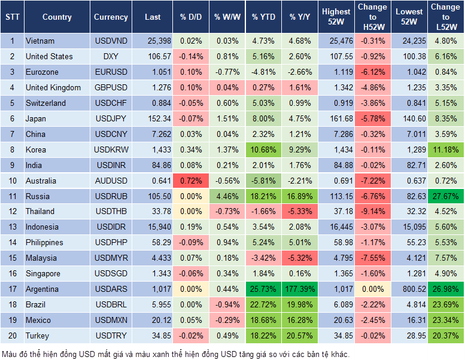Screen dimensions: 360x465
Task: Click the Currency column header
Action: [x=111, y=17]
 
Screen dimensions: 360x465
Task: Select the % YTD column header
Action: [x=263, y=17]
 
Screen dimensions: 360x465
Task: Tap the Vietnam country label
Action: [x=40, y=41]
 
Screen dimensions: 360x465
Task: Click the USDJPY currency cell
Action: [x=111, y=118]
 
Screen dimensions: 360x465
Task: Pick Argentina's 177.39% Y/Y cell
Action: [x=301, y=289]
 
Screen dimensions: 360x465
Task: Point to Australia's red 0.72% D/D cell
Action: [x=190, y=181]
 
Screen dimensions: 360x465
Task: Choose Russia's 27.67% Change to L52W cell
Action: [x=445, y=196]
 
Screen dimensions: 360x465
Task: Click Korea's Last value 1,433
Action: [x=153, y=150]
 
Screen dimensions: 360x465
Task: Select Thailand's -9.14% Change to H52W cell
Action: [x=372, y=211]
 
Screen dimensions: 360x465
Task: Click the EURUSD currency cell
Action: [x=111, y=72]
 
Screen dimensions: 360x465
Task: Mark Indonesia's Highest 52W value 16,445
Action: [x=336, y=227]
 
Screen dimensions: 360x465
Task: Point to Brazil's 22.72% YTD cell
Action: [x=263, y=304]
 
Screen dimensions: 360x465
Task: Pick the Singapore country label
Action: [x=43, y=273]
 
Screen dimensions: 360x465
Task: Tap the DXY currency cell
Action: [x=111, y=56]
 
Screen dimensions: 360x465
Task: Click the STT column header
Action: [x=12, y=17]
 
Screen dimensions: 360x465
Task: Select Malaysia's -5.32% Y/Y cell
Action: [x=301, y=258]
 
